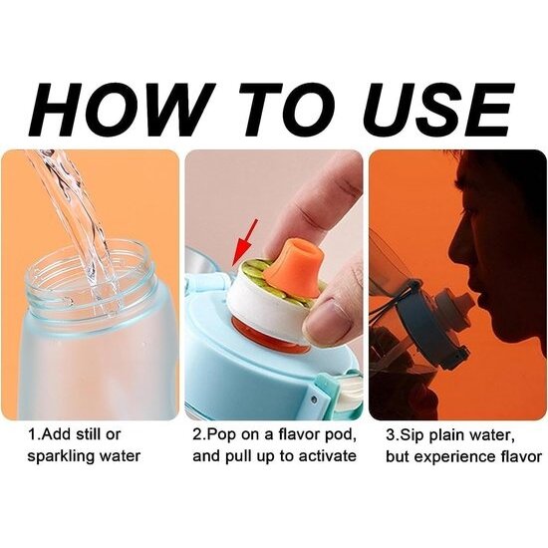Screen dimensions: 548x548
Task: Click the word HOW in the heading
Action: [x=120, y=108]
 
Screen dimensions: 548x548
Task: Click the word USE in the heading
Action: [x=435, y=108]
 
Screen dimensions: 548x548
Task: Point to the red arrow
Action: [x=245, y=244]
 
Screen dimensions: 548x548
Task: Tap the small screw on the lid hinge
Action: [x=313, y=398]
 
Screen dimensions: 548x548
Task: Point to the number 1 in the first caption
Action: [x=32, y=435]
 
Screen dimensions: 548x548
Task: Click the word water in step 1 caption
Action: [x=120, y=456]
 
